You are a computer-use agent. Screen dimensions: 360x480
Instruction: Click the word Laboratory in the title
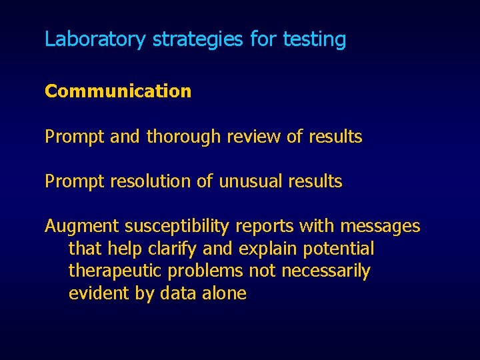click(94, 39)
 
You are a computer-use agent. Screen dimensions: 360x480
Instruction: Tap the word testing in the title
click(314, 39)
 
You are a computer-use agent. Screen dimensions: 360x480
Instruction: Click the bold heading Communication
click(118, 91)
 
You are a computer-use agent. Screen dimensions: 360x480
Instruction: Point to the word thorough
click(183, 137)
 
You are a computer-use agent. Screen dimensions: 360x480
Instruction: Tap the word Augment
click(82, 227)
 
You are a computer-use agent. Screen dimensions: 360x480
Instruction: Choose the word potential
click(338, 249)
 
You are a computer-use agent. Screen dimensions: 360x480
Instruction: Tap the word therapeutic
click(116, 271)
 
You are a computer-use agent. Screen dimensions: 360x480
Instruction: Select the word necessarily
click(325, 271)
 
